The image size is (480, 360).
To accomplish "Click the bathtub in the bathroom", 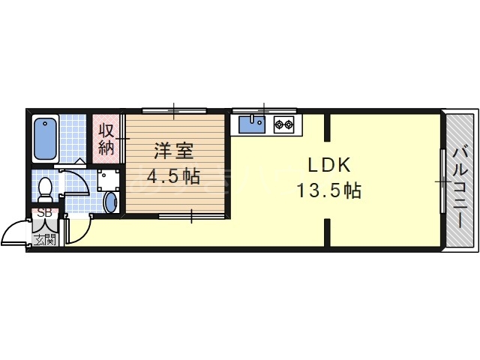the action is coord(45,139).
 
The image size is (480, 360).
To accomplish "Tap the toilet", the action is coord(45,190).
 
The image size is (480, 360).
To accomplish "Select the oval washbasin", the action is coord(110,202).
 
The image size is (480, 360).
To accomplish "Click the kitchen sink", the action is coord(252,124).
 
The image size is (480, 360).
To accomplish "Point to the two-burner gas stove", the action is coord(284,124).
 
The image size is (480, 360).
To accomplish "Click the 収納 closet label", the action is coord(106,139).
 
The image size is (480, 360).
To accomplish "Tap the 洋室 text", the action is coord(173,151).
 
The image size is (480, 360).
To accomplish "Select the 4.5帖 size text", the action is coord(173,176).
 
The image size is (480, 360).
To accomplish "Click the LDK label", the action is coord(328,165).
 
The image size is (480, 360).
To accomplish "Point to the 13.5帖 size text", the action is coord(328,190).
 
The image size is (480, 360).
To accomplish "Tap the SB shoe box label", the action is coord(45,213).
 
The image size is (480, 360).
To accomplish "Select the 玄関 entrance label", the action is coord(45,240).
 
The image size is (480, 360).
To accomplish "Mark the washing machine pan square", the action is coord(108,180).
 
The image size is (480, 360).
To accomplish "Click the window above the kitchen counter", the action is coord(264,111).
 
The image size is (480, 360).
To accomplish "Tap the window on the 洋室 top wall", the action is coord(174,111).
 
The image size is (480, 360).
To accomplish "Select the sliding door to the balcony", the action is coord(442,181).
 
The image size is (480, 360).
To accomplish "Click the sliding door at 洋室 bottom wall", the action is coord(192,217).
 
